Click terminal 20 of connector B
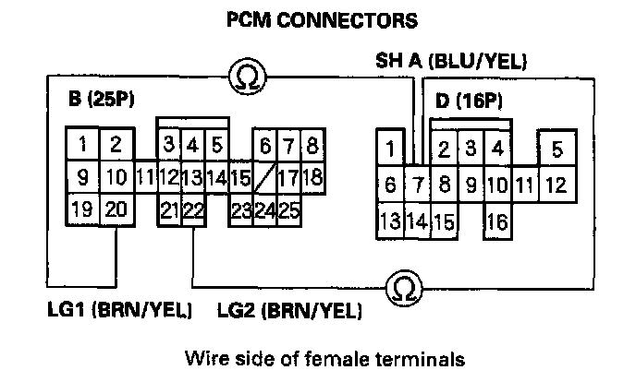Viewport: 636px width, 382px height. click(115, 209)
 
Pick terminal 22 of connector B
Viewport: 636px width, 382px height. click(193, 209)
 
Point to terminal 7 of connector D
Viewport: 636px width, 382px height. click(417, 185)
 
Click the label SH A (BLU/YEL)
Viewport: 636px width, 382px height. click(450, 63)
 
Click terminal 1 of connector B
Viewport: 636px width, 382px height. click(83, 144)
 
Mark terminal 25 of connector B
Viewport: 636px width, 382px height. click(287, 209)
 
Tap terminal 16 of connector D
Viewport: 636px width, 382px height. click(496, 221)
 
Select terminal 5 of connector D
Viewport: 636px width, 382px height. click(555, 148)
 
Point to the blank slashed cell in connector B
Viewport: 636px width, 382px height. click(264, 175)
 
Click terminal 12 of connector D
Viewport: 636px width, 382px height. click(555, 185)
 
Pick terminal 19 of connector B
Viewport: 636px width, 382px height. click(83, 209)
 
